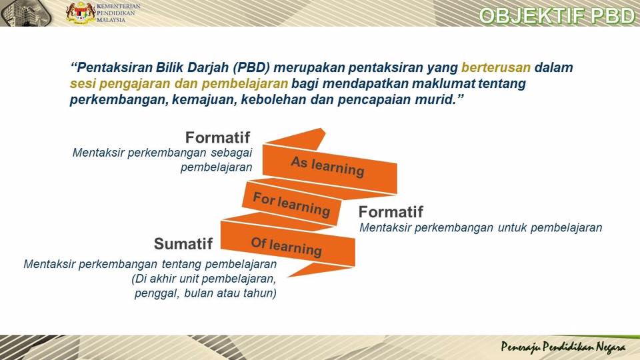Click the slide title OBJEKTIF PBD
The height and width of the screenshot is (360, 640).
(x=557, y=15)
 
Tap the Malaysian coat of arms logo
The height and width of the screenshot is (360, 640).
(x=81, y=13)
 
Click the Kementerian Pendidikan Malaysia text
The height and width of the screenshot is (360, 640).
(x=118, y=13)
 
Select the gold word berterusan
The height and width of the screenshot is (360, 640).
(x=496, y=67)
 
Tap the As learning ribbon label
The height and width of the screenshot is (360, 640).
(x=327, y=166)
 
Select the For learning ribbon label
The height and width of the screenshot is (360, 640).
(x=291, y=204)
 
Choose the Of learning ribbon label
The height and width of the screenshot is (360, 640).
(x=287, y=246)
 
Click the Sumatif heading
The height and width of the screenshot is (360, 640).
(x=183, y=244)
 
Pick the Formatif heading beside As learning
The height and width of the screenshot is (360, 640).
(x=217, y=137)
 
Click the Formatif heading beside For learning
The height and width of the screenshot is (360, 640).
(x=391, y=212)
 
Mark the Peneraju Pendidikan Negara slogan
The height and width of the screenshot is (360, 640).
(x=563, y=347)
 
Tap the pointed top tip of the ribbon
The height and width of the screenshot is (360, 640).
(x=323, y=129)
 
